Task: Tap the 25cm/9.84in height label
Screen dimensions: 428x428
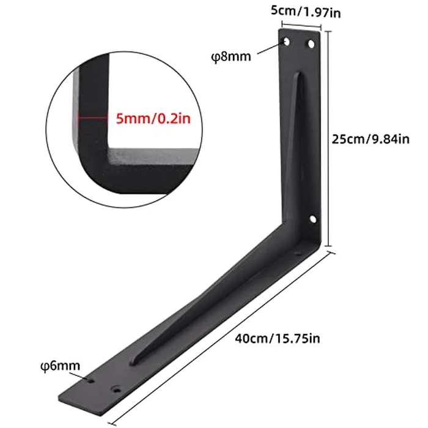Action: click(x=370, y=139)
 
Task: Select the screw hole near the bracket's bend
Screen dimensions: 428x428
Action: click(x=311, y=218)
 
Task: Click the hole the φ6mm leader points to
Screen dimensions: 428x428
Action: click(x=91, y=380)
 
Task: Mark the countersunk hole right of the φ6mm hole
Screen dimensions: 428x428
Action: click(x=116, y=388)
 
